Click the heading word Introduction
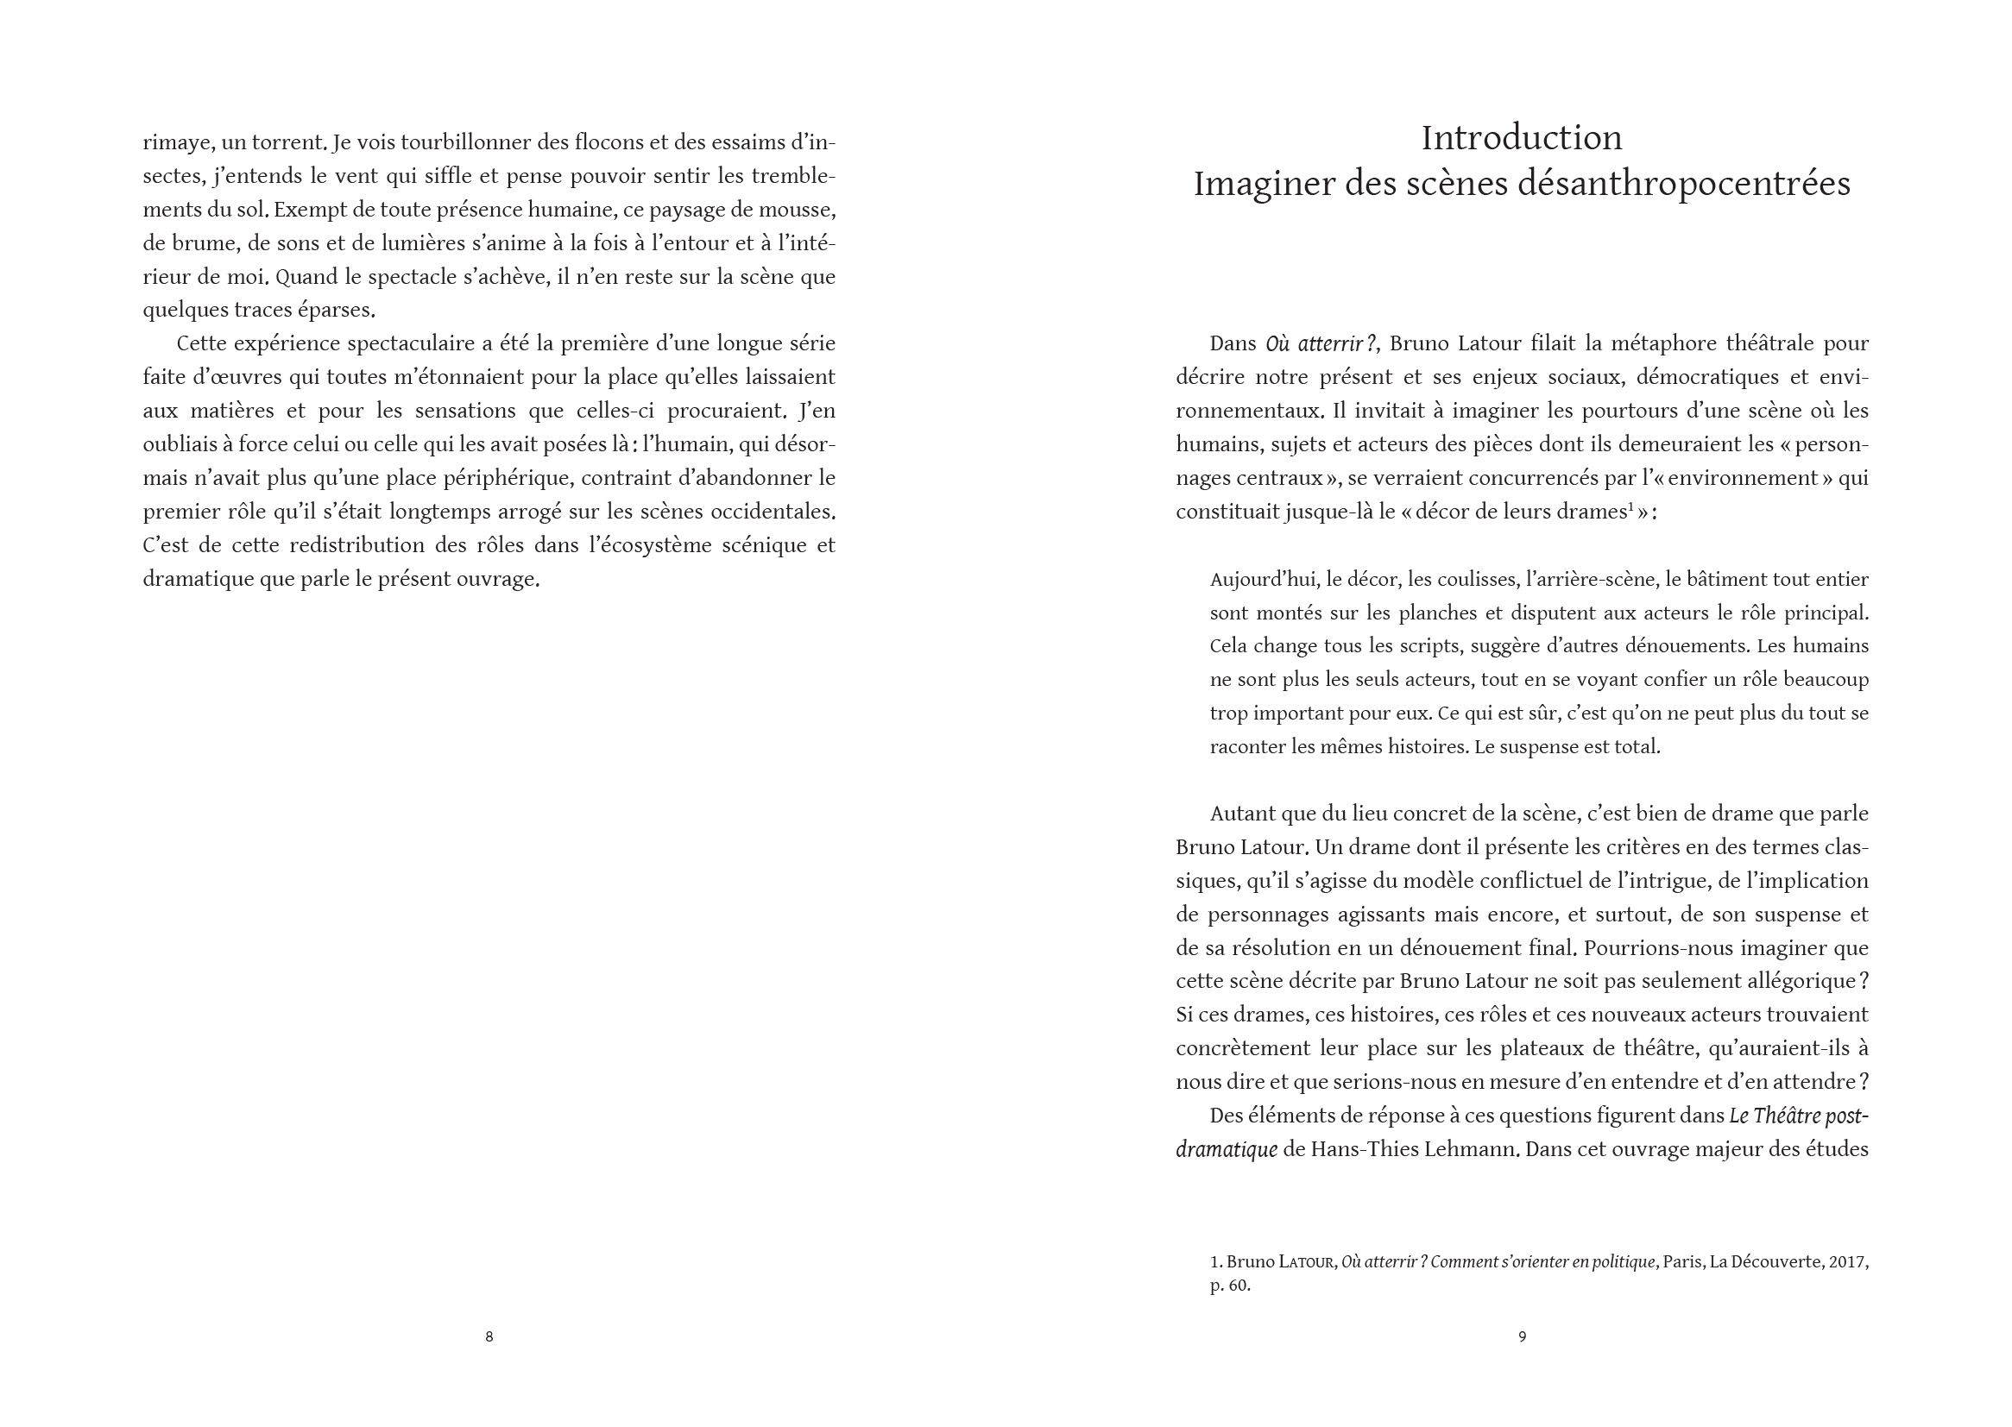[1522, 138]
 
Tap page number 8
[489, 1336]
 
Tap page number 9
[1523, 1336]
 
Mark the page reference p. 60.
[1230, 1286]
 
